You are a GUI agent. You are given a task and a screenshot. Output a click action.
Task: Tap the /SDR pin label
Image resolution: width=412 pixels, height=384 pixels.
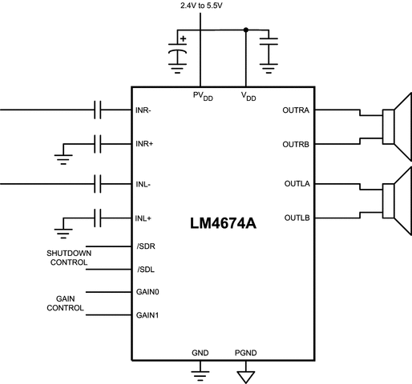click(x=147, y=247)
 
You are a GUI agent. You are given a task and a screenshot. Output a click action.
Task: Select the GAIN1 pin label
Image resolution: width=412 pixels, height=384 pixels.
click(x=150, y=314)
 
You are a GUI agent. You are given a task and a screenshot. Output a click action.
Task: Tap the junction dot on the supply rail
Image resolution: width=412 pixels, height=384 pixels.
click(x=244, y=30)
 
